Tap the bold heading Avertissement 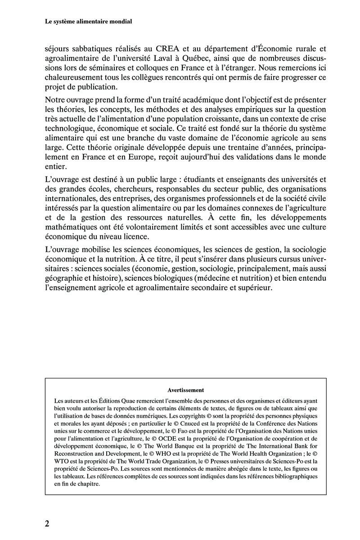coord(186,391)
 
